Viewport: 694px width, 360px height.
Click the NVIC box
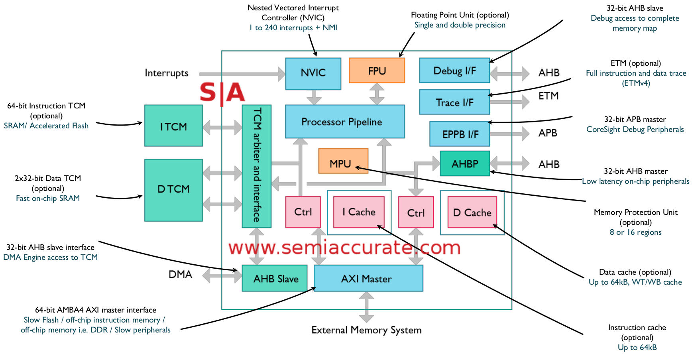pos(313,73)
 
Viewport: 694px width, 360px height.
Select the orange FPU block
pos(377,71)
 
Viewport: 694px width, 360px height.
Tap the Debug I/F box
pos(454,71)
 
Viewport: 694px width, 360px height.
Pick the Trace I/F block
pos(454,102)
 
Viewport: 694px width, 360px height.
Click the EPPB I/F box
pos(460,134)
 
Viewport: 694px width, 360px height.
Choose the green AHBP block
pos(465,163)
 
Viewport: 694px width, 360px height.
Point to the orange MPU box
pos(343,161)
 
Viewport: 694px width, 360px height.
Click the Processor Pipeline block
pos(345,122)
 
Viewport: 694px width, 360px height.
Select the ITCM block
pos(173,126)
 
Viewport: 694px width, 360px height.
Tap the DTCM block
pos(173,190)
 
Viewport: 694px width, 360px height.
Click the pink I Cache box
pos(359,212)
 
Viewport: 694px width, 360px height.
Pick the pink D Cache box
pos(472,212)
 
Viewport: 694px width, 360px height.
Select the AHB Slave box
pos(275,278)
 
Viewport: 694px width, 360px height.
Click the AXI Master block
pos(368,278)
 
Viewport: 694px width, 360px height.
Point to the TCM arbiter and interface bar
pos(257,166)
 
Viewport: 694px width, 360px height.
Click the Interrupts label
pos(166,73)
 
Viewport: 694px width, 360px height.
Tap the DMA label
pos(180,275)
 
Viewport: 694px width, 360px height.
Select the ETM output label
pos(549,96)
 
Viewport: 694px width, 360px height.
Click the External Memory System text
pos(366,330)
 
